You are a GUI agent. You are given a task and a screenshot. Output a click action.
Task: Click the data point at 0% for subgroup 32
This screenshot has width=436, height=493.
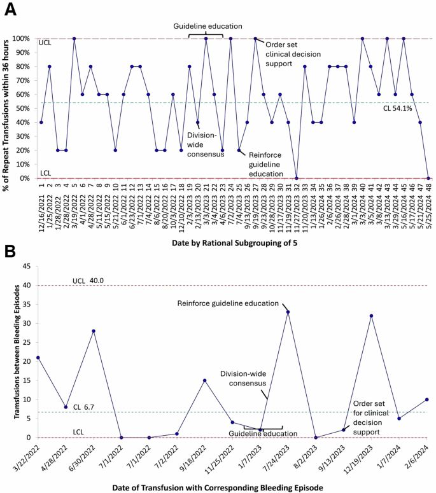[x=297, y=178]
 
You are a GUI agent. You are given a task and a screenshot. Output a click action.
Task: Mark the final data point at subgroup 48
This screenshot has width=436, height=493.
[x=428, y=178]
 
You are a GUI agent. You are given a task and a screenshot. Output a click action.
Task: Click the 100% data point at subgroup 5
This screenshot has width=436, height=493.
[x=74, y=38]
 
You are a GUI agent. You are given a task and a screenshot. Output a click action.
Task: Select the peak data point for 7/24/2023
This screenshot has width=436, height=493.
[x=287, y=312]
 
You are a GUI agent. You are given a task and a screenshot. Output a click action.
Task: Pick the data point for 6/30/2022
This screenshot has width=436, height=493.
[x=94, y=331]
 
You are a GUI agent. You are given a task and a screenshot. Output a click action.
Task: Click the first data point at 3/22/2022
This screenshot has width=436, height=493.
[x=39, y=358]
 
